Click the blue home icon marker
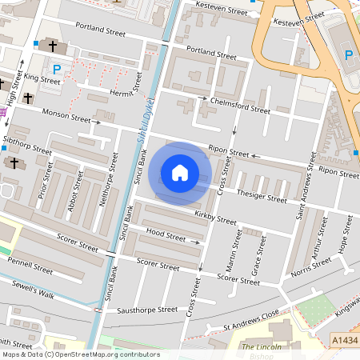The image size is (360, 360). [x=180, y=173]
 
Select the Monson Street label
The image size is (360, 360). [x=67, y=117]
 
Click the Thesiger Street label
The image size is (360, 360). [x=262, y=195]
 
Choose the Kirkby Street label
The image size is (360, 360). [x=215, y=218]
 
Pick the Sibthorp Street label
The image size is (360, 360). [x=27, y=146]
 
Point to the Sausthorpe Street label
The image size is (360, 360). [x=145, y=309]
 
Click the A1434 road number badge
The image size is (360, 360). [x=344, y=340]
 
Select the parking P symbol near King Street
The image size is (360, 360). [x=56, y=70]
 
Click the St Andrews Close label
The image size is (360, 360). [x=252, y=318]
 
